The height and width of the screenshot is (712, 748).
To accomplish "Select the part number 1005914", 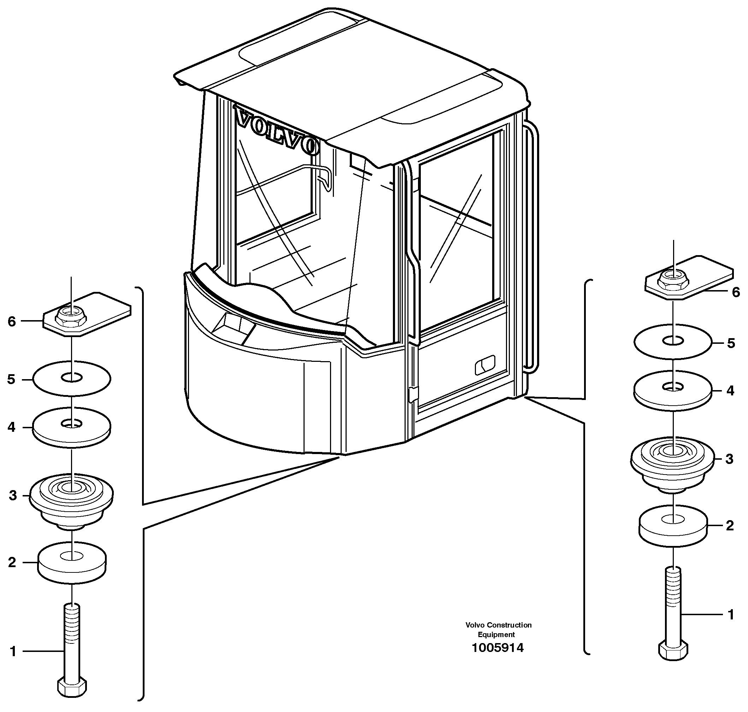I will tap(497, 647).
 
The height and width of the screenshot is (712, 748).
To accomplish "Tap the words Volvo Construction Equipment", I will tap(498, 630).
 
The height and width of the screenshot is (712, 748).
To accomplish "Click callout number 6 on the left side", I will tap(12, 322).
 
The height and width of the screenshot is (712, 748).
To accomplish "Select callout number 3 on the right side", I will tap(729, 459).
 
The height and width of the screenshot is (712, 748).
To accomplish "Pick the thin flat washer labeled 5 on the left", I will tap(72, 378).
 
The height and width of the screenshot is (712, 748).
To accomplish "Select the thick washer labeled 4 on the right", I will tap(672, 391).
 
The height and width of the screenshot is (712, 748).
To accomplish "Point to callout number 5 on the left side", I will tap(11, 379).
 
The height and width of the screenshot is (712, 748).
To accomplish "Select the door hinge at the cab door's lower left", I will tap(413, 394).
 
